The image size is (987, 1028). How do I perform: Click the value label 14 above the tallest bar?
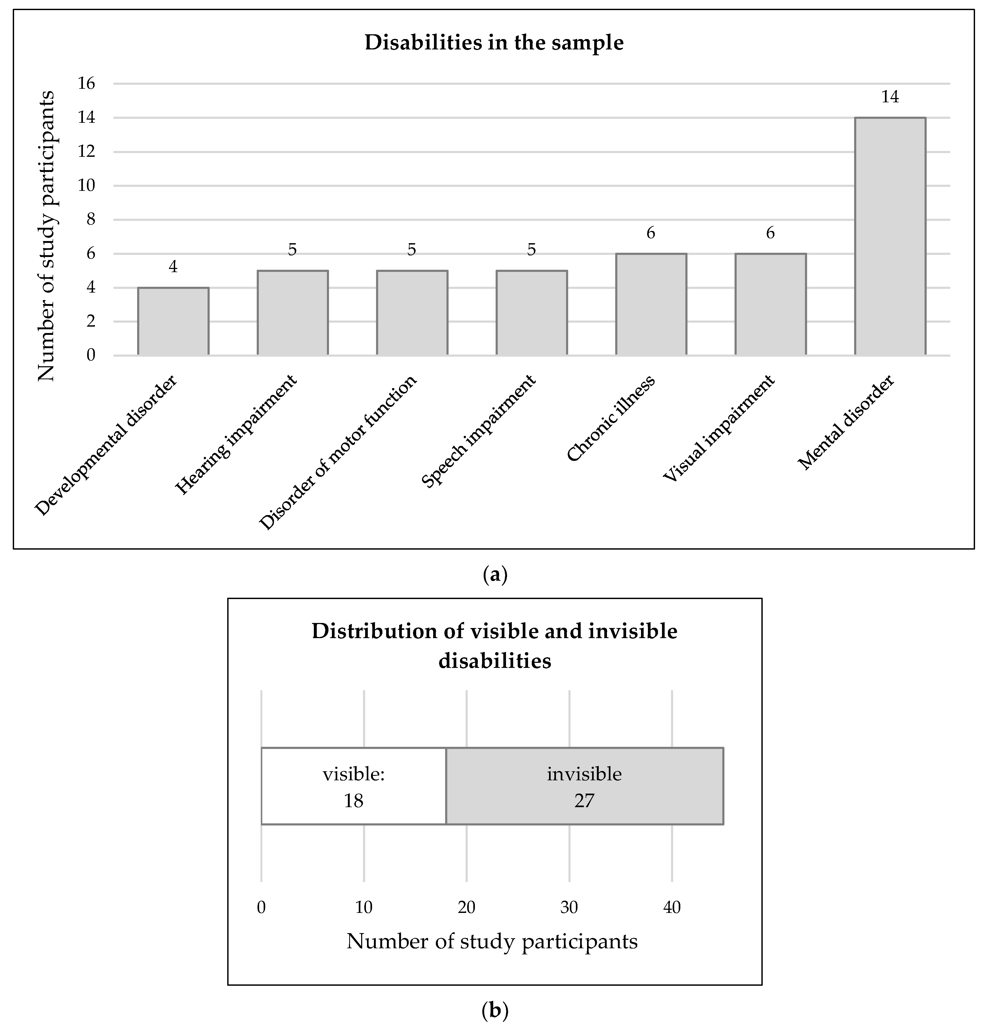890,97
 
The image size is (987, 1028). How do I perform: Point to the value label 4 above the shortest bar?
173,267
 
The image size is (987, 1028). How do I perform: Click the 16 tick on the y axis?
87,83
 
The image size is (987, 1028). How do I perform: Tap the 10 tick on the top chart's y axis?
87,186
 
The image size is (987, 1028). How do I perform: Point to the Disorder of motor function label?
338,452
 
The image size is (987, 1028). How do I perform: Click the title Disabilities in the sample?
493,43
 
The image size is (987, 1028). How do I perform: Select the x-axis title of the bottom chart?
492,941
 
